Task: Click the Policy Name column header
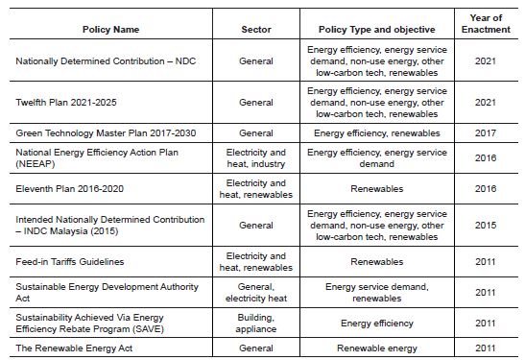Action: click(x=111, y=29)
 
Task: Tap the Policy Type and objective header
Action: click(x=377, y=29)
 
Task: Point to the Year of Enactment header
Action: click(x=486, y=23)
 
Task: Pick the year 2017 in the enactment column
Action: click(x=486, y=132)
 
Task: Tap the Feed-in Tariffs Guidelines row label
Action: click(x=70, y=261)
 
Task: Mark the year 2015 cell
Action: click(x=486, y=225)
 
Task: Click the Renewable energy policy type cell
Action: click(x=377, y=348)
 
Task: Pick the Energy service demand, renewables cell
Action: click(x=377, y=292)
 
